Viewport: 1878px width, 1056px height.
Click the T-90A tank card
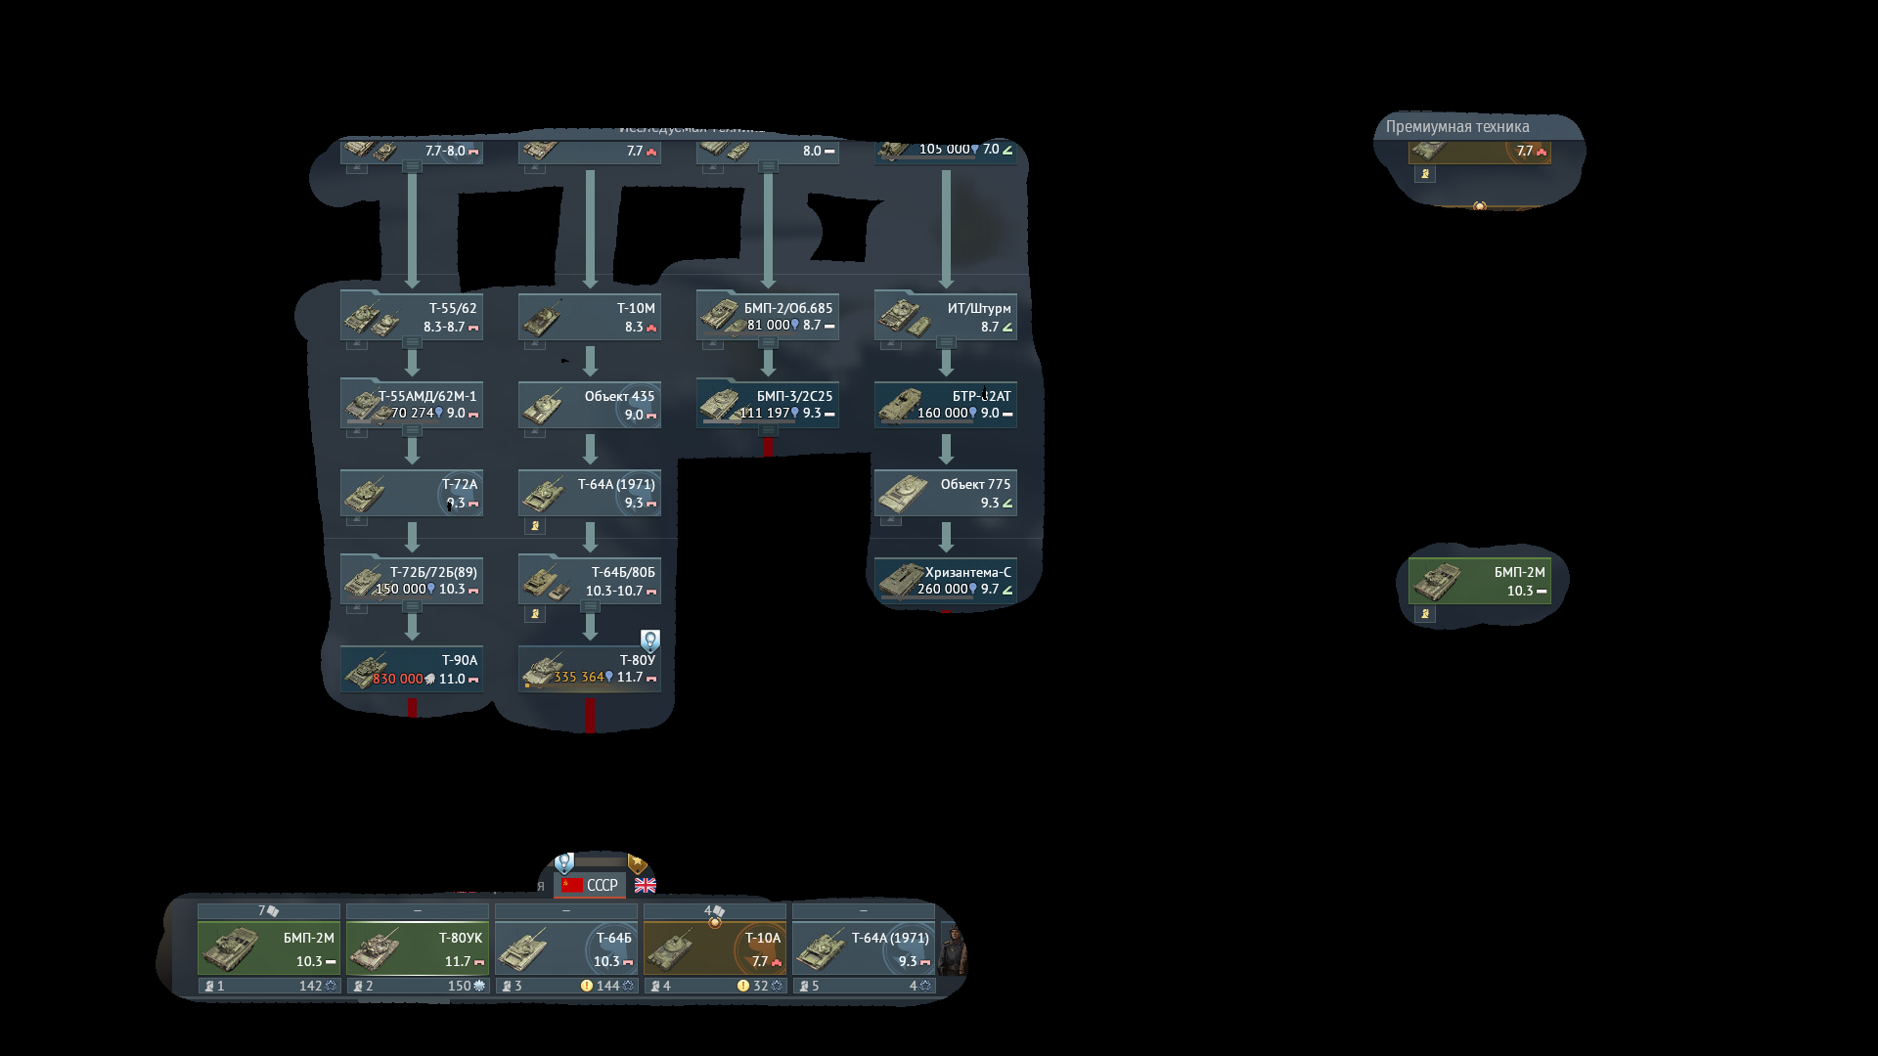(x=412, y=669)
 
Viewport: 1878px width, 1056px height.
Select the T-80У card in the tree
(x=590, y=669)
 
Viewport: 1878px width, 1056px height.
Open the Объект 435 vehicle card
(x=590, y=405)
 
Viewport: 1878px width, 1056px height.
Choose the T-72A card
(x=412, y=493)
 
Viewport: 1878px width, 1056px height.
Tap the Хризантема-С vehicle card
(x=946, y=581)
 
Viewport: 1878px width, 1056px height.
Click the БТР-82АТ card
(x=946, y=405)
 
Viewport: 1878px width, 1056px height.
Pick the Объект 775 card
(x=946, y=493)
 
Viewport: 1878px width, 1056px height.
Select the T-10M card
(x=590, y=317)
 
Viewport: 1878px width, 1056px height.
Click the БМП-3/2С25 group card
(x=768, y=405)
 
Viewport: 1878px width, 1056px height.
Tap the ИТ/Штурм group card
(x=946, y=317)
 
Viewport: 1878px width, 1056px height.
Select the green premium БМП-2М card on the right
(x=1480, y=581)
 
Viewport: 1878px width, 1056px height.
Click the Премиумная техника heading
(x=1457, y=127)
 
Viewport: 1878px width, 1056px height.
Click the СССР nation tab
(x=591, y=885)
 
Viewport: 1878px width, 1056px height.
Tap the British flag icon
(x=646, y=885)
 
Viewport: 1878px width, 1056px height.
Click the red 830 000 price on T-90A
(x=398, y=679)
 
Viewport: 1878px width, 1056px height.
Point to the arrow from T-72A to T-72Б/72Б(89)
(x=412, y=537)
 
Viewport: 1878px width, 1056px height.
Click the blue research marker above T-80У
(x=650, y=640)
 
